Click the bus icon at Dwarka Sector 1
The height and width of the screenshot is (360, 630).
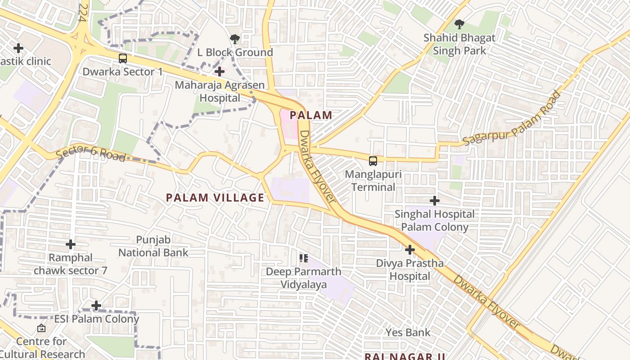click(122, 58)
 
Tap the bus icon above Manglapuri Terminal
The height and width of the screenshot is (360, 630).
click(373, 161)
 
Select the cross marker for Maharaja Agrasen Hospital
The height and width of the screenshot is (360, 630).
click(219, 71)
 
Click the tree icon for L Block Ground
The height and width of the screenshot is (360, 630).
click(234, 39)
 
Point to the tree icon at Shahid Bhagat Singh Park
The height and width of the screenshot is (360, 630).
click(459, 24)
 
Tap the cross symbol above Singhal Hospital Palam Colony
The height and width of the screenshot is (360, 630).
click(434, 201)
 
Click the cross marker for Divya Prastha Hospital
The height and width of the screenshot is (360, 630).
click(409, 249)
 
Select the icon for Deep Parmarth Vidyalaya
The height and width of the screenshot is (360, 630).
click(303, 258)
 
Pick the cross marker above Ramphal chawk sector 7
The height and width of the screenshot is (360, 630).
click(71, 244)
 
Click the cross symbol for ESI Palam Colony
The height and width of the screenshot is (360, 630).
click(96, 306)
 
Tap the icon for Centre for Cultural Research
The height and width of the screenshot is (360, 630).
click(41, 328)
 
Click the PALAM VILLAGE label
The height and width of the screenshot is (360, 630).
click(215, 198)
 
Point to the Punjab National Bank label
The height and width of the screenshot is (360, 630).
click(153, 246)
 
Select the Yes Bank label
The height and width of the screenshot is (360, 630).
click(408, 333)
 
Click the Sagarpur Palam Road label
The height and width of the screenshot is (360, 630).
click(512, 118)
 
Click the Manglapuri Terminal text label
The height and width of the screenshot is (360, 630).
click(373, 180)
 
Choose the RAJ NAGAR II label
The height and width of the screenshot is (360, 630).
click(405, 356)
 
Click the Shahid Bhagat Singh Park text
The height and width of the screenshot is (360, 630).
click(459, 44)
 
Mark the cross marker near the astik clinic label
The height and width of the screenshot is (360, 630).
click(18, 48)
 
